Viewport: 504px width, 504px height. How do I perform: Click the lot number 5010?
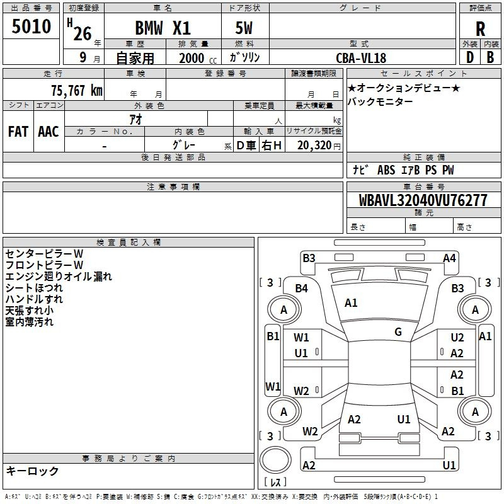tap(31, 26)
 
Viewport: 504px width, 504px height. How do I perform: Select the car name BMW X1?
tap(163, 28)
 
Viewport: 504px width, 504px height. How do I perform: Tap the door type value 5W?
tap(244, 28)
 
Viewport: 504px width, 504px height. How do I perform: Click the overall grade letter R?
tap(480, 29)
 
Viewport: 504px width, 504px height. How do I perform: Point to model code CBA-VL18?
tap(361, 58)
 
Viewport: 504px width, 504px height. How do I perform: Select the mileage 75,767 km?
tap(77, 90)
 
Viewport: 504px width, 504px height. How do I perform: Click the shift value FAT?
tap(18, 132)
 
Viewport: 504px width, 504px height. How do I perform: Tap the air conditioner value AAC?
tap(49, 132)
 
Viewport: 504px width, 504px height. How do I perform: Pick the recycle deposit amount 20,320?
tap(314, 146)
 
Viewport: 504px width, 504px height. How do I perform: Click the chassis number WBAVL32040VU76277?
tap(423, 200)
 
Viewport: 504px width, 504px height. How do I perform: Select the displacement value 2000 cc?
tap(198, 58)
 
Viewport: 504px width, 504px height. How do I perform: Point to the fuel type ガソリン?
tap(244, 57)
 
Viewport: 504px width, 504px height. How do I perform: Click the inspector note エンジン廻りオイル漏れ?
tap(59, 277)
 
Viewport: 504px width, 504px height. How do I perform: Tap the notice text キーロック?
tap(32, 471)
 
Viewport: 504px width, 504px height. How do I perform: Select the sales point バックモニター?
tap(381, 101)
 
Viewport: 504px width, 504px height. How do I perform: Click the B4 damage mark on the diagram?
tap(301, 289)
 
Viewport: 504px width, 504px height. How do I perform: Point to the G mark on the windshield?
tap(398, 332)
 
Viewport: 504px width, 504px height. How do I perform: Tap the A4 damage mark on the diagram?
tap(449, 258)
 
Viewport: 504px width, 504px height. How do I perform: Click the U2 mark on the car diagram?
tap(457, 337)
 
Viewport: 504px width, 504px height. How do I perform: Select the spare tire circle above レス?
tap(275, 460)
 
